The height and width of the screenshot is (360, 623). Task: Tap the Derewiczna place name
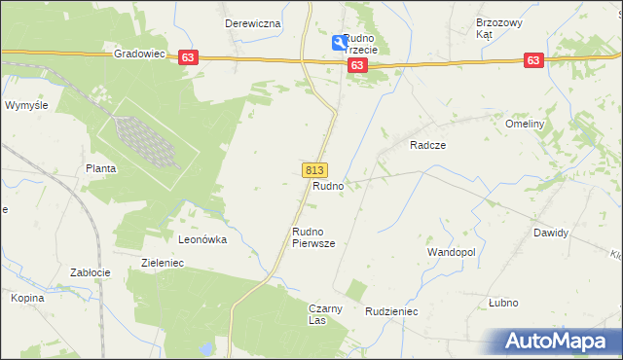pyautogui.click(x=252, y=23)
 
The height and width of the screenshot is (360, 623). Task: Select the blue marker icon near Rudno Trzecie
pyautogui.click(x=339, y=42)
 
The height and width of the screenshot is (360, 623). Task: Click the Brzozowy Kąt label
pyautogui.click(x=498, y=28)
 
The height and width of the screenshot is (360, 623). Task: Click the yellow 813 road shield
pyautogui.click(x=314, y=169)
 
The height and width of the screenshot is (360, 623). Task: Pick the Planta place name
pyautogui.click(x=100, y=168)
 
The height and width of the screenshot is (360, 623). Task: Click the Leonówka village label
pyautogui.click(x=202, y=238)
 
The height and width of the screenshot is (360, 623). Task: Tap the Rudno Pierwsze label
pyautogui.click(x=313, y=238)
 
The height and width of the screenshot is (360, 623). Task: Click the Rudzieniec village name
pyautogui.click(x=391, y=312)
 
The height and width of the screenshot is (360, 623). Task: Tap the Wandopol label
pyautogui.click(x=451, y=252)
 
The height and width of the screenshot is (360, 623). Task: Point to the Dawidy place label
pyautogui.click(x=550, y=234)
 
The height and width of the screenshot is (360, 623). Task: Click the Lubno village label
pyautogui.click(x=503, y=303)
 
